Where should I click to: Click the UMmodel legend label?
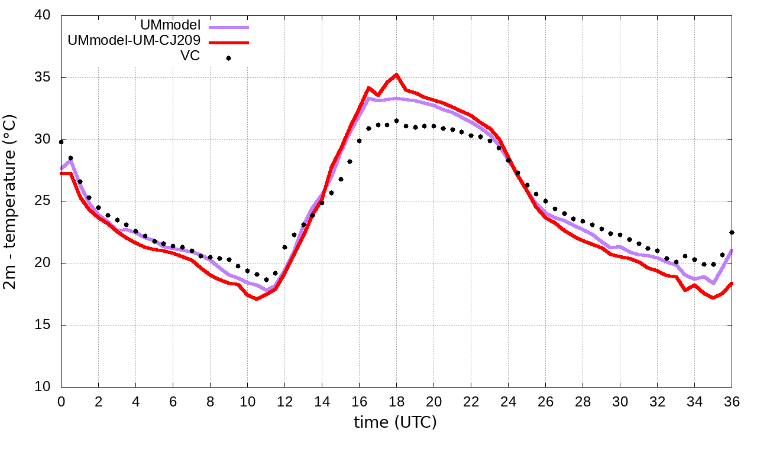pyautogui.click(x=171, y=25)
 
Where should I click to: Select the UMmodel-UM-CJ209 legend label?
pyautogui.click(x=134, y=41)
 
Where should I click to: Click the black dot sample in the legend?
pyautogui.click(x=228, y=58)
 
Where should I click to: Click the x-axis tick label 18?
pyautogui.click(x=396, y=401)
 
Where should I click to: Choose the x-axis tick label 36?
pyautogui.click(x=732, y=401)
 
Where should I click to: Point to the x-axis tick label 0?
pyautogui.click(x=61, y=401)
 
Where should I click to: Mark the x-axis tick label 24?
pyautogui.click(x=508, y=401)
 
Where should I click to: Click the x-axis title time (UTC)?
pyautogui.click(x=395, y=422)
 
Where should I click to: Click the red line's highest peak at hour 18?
pyautogui.click(x=396, y=74)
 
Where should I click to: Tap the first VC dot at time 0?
pyautogui.click(x=61, y=142)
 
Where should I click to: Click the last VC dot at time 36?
pyautogui.click(x=732, y=232)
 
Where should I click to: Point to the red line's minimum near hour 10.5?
pyautogui.click(x=257, y=299)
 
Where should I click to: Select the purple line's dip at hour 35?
pyautogui.click(x=713, y=283)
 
